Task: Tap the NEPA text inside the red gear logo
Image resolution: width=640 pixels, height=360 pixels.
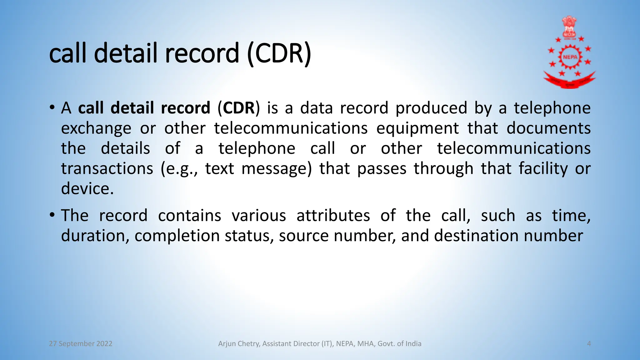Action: click(x=570, y=57)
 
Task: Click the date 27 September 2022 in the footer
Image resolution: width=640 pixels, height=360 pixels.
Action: click(x=81, y=344)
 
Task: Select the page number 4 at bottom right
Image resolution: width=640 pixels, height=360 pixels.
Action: click(x=589, y=344)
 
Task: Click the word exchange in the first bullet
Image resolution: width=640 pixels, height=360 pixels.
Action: click(x=96, y=128)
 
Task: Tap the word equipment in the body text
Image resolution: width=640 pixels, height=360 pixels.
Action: click(x=417, y=128)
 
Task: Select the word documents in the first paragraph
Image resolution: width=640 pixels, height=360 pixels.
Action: click(x=548, y=128)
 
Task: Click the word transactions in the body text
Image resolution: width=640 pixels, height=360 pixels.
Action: click(x=107, y=169)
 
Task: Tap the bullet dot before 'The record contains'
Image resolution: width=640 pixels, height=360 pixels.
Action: click(x=52, y=215)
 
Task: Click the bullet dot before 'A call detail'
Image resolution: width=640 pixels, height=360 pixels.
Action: click(x=52, y=108)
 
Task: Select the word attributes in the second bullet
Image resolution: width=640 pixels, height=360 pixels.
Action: click(x=333, y=216)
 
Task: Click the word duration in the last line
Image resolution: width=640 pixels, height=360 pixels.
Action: click(x=93, y=236)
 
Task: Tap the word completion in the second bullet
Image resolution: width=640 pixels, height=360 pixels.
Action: click(x=177, y=236)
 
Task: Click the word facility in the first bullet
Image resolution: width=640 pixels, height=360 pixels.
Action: click(x=543, y=169)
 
